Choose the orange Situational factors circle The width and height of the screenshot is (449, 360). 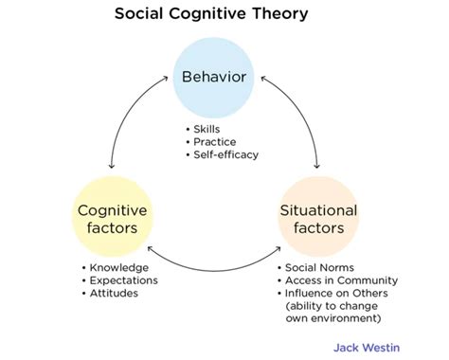pyautogui.click(x=317, y=218)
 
